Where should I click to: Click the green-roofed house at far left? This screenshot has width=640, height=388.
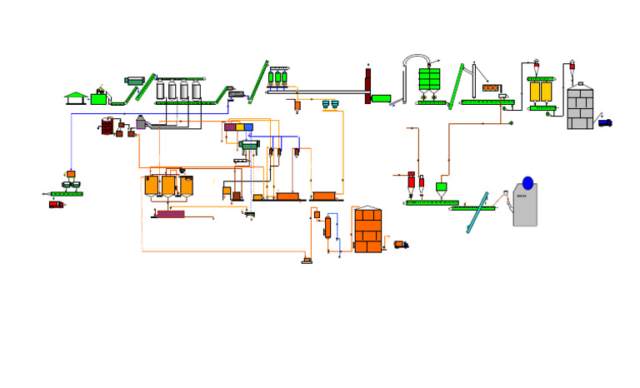click(76, 98)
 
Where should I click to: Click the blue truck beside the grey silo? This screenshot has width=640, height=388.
click(605, 123)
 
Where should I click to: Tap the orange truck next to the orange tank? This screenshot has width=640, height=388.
click(401, 245)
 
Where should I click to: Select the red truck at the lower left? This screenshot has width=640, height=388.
click(56, 205)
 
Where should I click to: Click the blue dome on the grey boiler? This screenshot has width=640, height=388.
click(527, 183)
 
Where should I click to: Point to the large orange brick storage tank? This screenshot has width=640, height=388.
click(367, 231)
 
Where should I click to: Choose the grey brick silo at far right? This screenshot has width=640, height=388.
click(580, 107)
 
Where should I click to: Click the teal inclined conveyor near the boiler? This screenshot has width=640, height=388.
click(477, 213)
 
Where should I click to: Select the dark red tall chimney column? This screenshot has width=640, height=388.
click(367, 86)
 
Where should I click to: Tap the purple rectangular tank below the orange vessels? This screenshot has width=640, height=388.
click(171, 214)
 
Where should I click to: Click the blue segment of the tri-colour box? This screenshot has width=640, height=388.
click(248, 127)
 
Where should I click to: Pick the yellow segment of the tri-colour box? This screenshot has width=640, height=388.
click(240, 127)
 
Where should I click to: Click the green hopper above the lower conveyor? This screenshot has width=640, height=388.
click(441, 187)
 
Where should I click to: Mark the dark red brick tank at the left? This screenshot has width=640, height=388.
click(107, 127)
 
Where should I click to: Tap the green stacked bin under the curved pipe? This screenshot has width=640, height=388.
click(429, 80)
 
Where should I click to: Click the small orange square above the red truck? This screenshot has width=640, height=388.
click(71, 174)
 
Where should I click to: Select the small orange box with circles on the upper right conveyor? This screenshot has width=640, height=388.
click(491, 88)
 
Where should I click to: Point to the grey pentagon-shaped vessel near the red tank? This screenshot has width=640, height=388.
click(141, 123)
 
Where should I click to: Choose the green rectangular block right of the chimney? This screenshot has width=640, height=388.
click(381, 98)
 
